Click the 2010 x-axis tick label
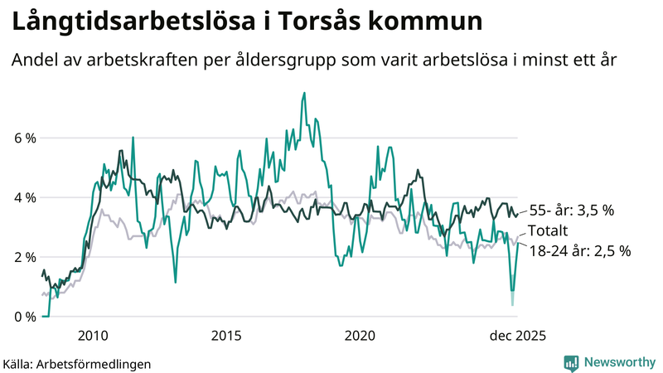[x=92, y=336]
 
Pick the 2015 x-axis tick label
[x=226, y=336]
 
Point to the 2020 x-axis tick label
[x=360, y=336]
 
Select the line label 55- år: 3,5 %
[x=571, y=211]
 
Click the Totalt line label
[x=549, y=230]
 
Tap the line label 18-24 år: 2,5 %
[x=579, y=250]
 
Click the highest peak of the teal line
[x=304, y=93]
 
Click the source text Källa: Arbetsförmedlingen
[x=77, y=363]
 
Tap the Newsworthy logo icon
[x=571, y=362]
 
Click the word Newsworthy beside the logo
[x=620, y=362]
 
